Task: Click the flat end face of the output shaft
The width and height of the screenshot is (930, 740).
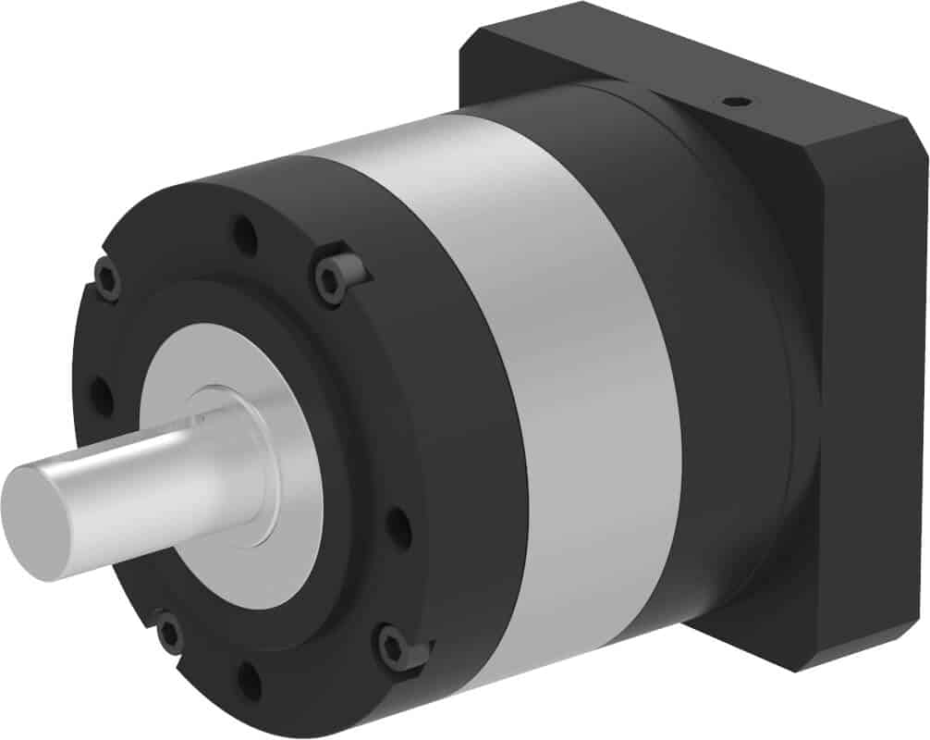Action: pyautogui.click(x=37, y=523)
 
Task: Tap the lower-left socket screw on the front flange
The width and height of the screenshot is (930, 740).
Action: pyautogui.click(x=169, y=634)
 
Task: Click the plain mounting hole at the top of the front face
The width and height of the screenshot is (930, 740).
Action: pyautogui.click(x=245, y=236)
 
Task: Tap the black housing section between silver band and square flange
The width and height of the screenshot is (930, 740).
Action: pyautogui.click(x=740, y=370)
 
